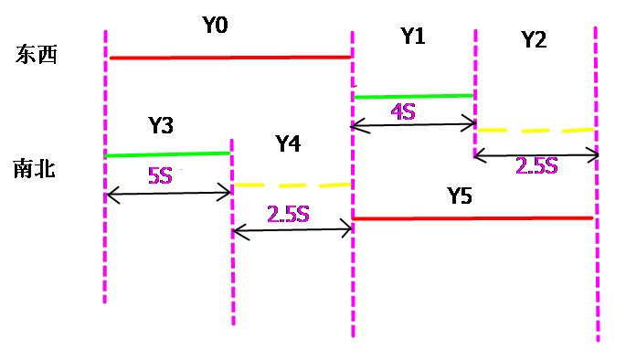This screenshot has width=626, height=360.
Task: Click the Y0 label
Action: tap(216, 27)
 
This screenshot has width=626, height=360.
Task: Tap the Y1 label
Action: tap(413, 37)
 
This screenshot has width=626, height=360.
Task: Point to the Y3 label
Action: tap(160, 126)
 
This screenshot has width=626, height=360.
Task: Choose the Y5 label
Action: tap(462, 195)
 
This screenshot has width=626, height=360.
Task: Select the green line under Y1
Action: tap(413, 95)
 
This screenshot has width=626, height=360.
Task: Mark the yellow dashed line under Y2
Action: tap(536, 131)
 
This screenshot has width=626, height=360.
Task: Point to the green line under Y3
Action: tap(167, 154)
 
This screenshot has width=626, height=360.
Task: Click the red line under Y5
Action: tap(473, 218)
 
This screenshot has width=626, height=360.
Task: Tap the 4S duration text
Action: tap(404, 112)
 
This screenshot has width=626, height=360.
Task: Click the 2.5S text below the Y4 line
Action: tap(289, 215)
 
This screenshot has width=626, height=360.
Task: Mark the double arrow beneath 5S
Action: tap(168, 193)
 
